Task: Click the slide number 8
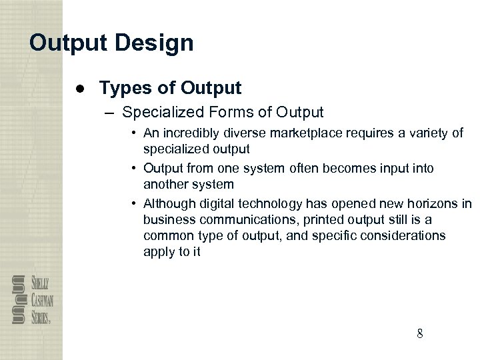(x=419, y=333)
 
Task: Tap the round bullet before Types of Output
(x=79, y=88)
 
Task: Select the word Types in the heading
(x=121, y=87)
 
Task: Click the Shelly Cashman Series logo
(x=31, y=299)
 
